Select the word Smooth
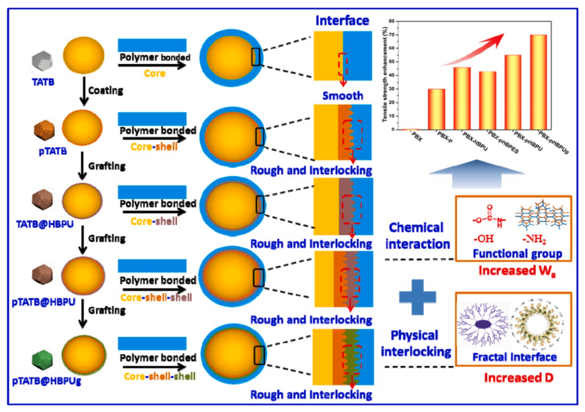point(343,96)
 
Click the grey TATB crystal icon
point(42,61)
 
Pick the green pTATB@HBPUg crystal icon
point(43,361)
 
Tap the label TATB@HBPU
point(45,224)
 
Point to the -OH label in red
point(483,239)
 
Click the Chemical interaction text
point(417,236)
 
